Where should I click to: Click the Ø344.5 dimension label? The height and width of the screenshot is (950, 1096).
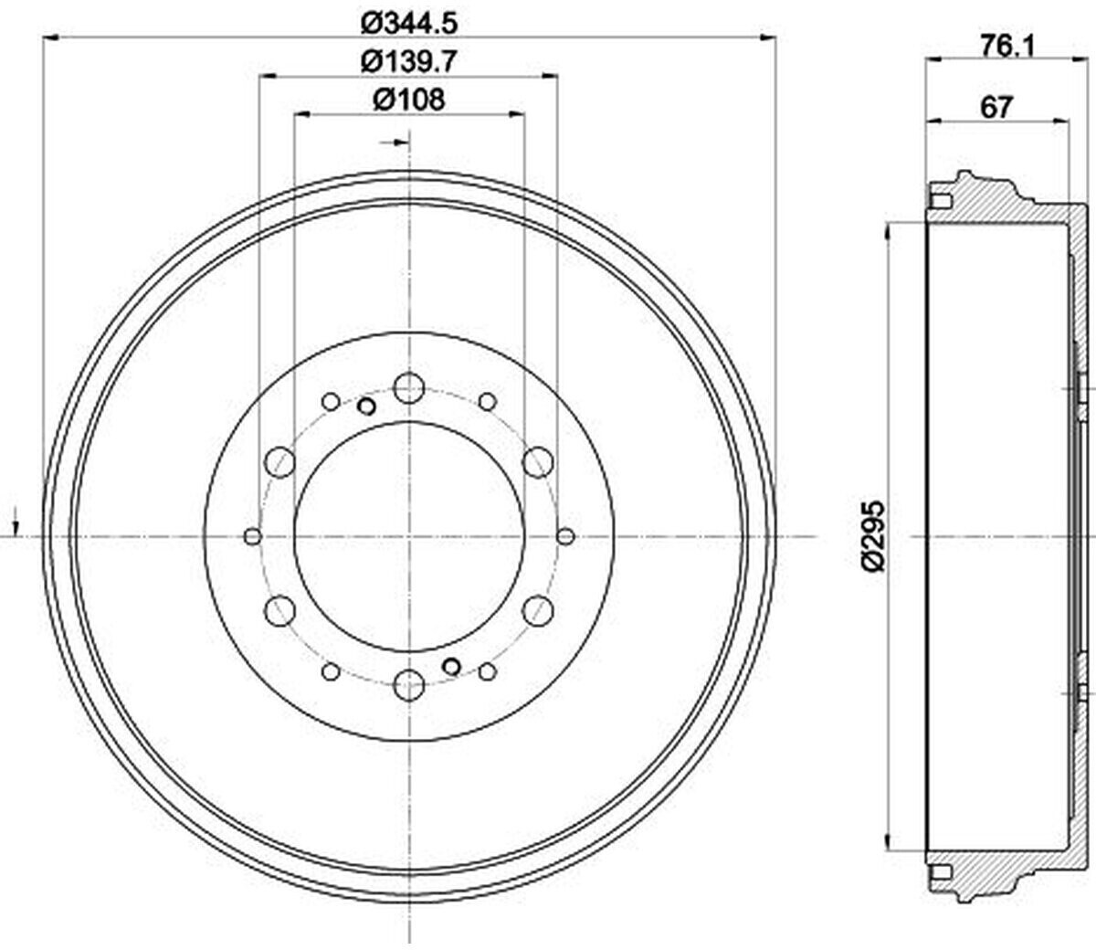click(409, 24)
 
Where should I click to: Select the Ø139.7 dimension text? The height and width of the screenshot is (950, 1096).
click(409, 62)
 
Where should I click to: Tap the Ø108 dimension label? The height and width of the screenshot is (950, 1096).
click(409, 100)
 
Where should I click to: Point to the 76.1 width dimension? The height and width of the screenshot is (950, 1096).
click(1006, 47)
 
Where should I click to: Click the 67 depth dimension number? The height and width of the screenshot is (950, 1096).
click(996, 108)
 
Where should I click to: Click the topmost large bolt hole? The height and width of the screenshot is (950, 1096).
click(409, 388)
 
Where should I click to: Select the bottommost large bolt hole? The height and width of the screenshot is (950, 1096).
click(409, 685)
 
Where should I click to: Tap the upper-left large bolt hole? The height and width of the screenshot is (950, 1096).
click(280, 462)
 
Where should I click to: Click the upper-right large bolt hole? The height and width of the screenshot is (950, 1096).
click(538, 462)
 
